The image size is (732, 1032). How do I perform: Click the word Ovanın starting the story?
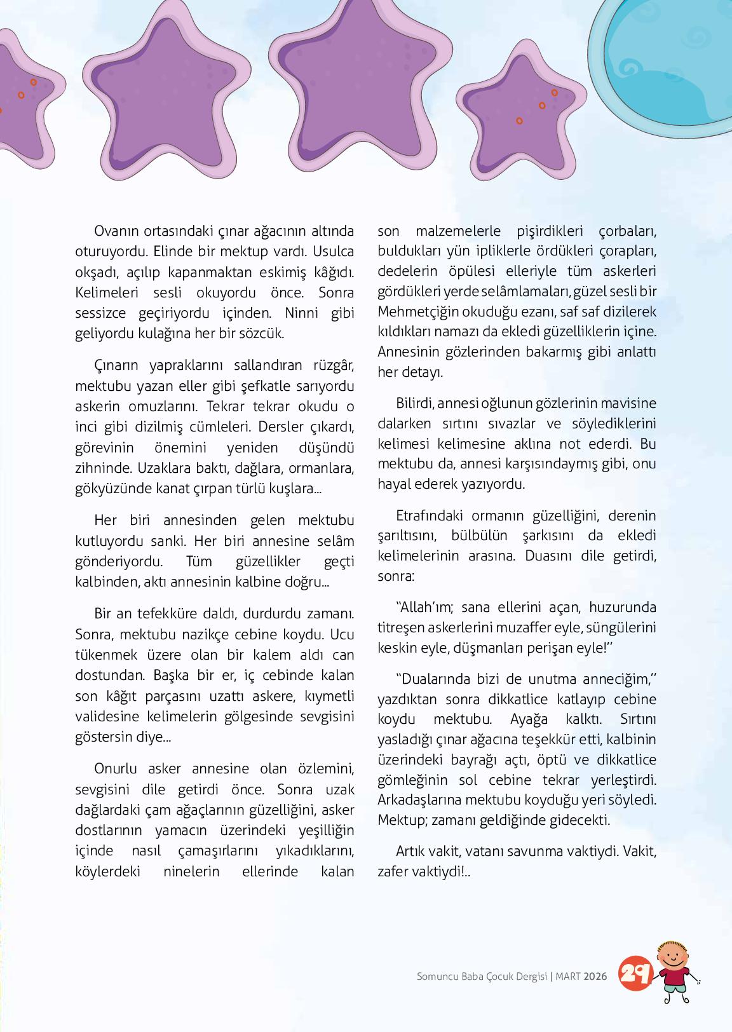(x=117, y=231)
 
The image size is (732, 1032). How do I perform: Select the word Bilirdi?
(x=415, y=403)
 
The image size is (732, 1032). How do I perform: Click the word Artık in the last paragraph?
(x=412, y=850)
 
